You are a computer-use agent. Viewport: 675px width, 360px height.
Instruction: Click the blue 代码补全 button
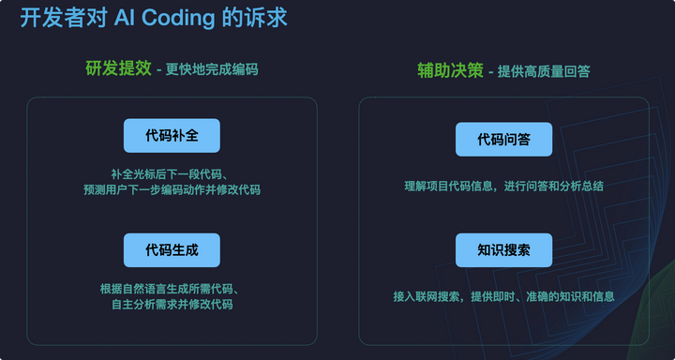point(172,136)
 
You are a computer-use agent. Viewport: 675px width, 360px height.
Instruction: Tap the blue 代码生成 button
point(172,250)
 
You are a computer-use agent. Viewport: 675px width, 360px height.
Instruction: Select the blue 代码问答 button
point(503,140)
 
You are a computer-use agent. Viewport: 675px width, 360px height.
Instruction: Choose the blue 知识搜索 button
point(503,250)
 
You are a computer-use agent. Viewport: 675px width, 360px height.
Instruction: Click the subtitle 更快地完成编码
point(212,70)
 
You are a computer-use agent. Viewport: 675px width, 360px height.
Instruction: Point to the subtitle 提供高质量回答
point(544,70)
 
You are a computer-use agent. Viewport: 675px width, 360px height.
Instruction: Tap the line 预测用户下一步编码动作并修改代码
point(172,189)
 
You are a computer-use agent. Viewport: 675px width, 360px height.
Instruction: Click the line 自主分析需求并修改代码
point(172,304)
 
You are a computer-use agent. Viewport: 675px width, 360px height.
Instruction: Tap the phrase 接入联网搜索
point(427,296)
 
